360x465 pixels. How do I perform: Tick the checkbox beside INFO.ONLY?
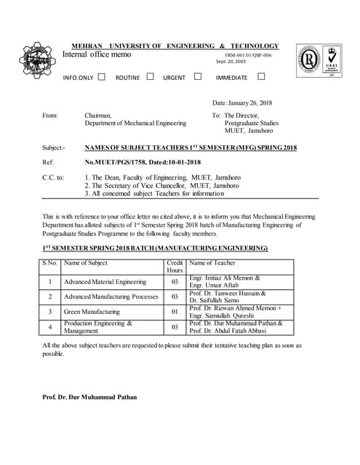[101, 76]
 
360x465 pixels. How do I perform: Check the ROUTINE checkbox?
[151, 76]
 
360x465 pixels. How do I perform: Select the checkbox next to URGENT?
[197, 76]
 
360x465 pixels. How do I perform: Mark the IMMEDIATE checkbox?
[261, 76]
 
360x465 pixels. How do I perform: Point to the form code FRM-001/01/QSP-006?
[248, 55]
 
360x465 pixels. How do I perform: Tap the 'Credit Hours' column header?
[175, 266]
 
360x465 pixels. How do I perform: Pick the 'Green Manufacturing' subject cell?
[92, 312]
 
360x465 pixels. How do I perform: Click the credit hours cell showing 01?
[175, 312]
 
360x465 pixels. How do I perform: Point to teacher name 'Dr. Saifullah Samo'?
[216, 300]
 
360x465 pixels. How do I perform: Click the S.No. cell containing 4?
[49, 327]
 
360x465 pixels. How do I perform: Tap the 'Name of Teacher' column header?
[212, 262]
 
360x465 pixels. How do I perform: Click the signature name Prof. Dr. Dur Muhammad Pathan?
[89, 397]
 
